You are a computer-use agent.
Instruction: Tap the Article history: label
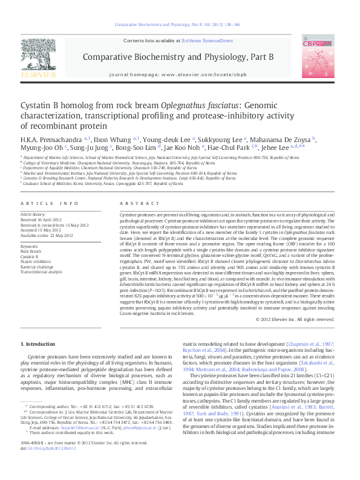click(x=34, y=214)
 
